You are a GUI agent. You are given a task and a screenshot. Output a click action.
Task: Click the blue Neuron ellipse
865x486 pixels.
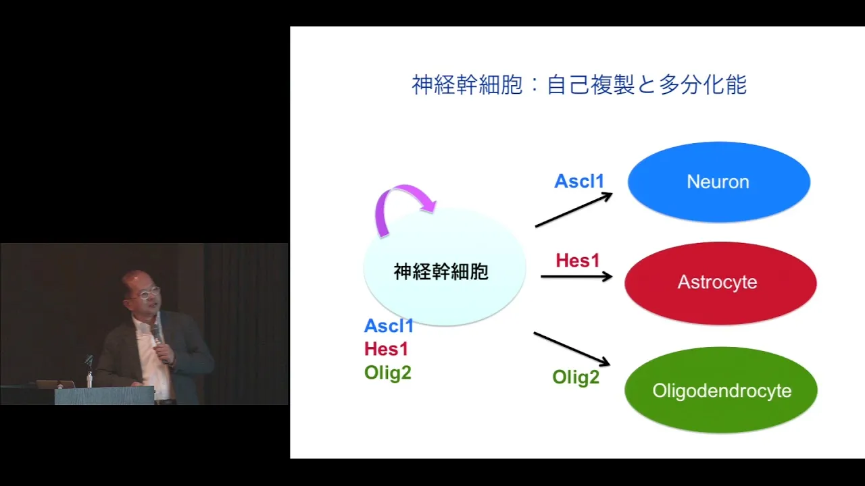[x=718, y=182]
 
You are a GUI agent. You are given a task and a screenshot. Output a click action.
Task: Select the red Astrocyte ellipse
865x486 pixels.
[x=720, y=283]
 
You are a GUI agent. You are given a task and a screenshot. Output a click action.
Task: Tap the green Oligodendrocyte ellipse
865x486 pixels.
[x=721, y=390]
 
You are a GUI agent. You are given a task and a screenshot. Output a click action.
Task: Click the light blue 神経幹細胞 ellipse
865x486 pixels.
[x=445, y=268]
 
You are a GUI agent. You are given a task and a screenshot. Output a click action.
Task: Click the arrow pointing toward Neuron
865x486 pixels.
[x=574, y=210]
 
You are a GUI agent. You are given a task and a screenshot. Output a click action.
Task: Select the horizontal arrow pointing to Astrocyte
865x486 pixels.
[x=576, y=277]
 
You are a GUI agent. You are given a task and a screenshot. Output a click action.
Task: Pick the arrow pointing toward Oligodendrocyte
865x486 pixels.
[x=572, y=349]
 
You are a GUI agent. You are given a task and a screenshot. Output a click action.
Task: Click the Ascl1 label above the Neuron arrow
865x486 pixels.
[x=579, y=182]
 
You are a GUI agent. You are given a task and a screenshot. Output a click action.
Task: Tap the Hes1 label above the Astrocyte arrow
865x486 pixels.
[x=578, y=261]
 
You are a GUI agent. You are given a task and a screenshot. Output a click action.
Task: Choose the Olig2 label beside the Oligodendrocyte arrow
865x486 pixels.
[x=576, y=377]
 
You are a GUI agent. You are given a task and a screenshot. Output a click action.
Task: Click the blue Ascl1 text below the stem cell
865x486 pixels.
[x=389, y=326]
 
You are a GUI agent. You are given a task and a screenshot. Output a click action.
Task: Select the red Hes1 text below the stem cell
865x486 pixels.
[x=386, y=349]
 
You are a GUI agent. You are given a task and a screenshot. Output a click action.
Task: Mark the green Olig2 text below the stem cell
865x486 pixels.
[x=388, y=373]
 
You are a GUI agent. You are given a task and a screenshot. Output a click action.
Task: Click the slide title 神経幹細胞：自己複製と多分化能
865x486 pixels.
[x=579, y=84]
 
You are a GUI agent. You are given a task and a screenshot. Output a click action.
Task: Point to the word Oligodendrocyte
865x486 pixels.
[x=722, y=391]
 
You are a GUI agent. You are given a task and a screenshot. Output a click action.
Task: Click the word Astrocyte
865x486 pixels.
[x=717, y=282]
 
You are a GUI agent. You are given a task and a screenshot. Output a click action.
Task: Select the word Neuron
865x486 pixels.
[x=718, y=182]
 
